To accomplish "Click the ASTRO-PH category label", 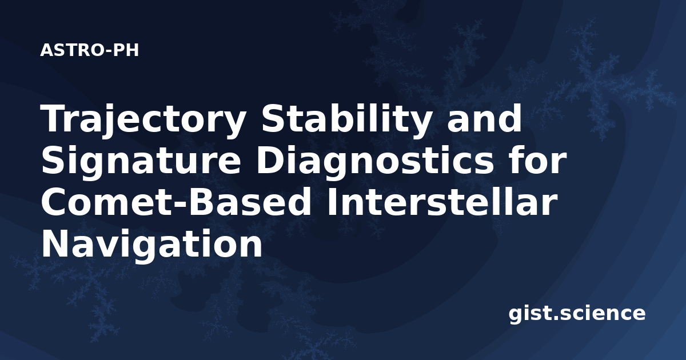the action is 89,50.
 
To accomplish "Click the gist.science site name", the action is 577,314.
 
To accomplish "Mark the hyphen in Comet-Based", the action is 178,205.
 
